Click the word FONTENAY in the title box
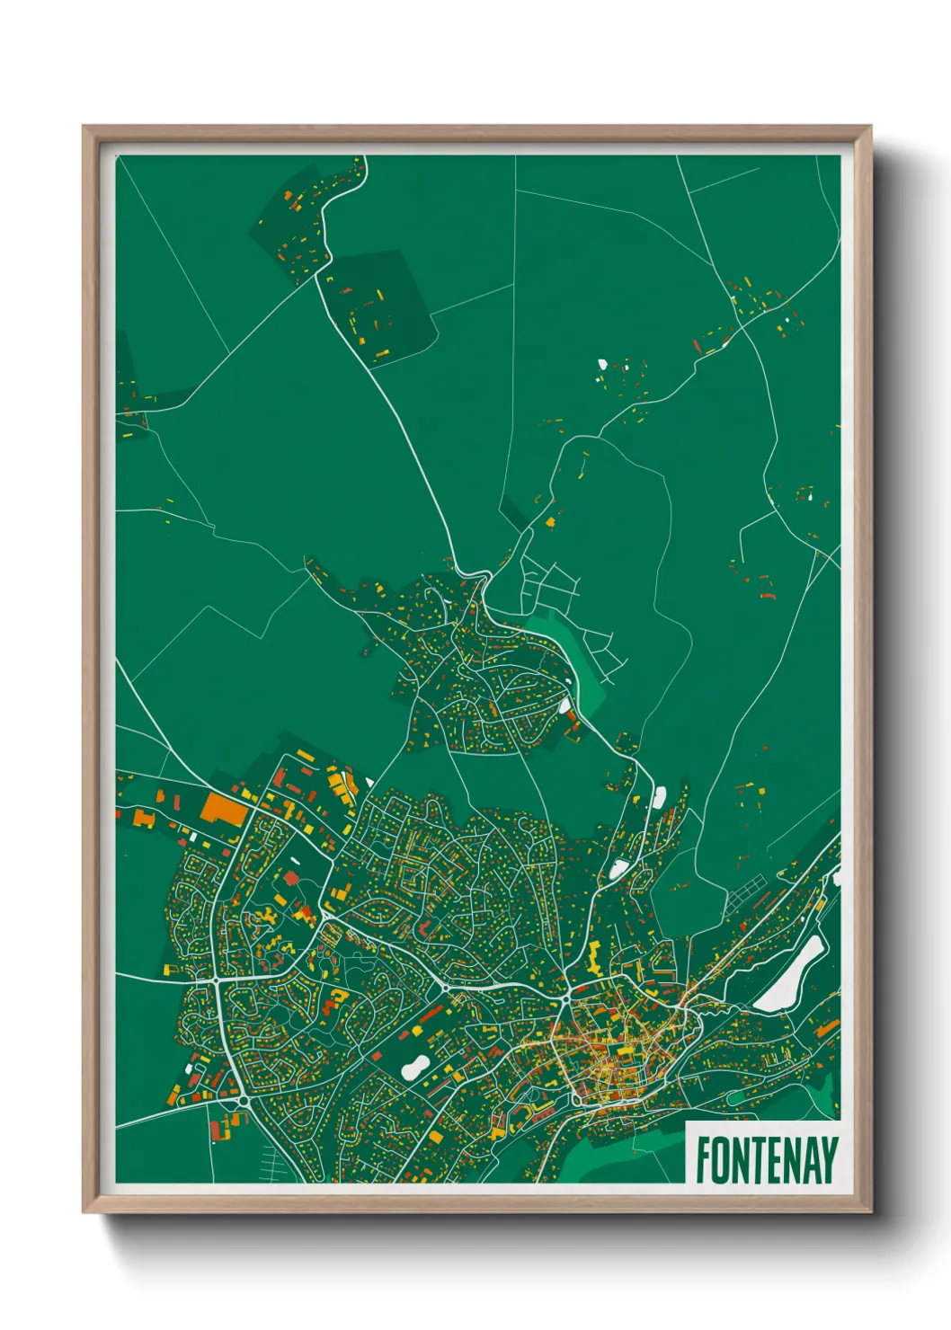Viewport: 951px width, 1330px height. (x=766, y=1160)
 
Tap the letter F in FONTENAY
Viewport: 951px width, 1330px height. (x=703, y=1160)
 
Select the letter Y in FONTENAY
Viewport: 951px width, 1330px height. (x=830, y=1160)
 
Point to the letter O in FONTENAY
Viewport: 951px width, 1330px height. (x=721, y=1160)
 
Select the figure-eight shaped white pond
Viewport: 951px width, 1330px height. (x=414, y=1067)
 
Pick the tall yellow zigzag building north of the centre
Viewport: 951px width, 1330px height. (x=596, y=959)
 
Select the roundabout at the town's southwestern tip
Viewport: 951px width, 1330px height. (x=242, y=1101)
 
